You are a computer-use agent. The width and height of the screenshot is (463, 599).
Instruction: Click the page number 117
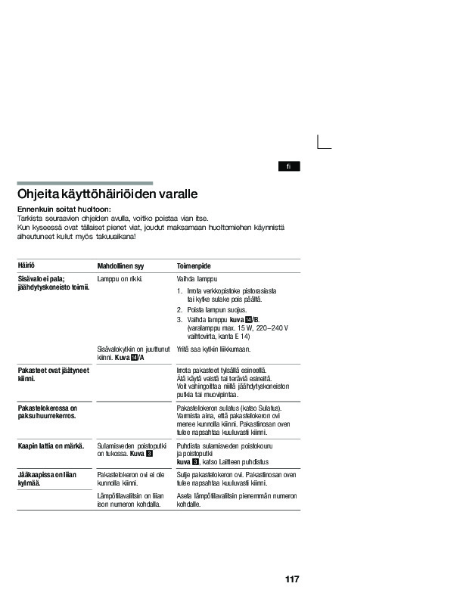[x=293, y=579]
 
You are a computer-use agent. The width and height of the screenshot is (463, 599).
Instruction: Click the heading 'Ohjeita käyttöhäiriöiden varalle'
[x=107, y=194]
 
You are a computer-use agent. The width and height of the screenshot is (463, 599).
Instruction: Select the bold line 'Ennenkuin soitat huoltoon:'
[x=64, y=209]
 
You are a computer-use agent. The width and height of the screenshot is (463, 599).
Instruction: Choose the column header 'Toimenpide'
[x=194, y=267]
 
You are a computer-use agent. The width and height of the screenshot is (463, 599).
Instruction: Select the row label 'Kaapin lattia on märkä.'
[x=50, y=447]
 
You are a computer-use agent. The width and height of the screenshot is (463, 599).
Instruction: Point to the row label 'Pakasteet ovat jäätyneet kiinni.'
[x=53, y=374]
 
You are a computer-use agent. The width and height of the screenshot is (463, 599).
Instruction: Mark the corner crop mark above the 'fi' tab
[x=324, y=142]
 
